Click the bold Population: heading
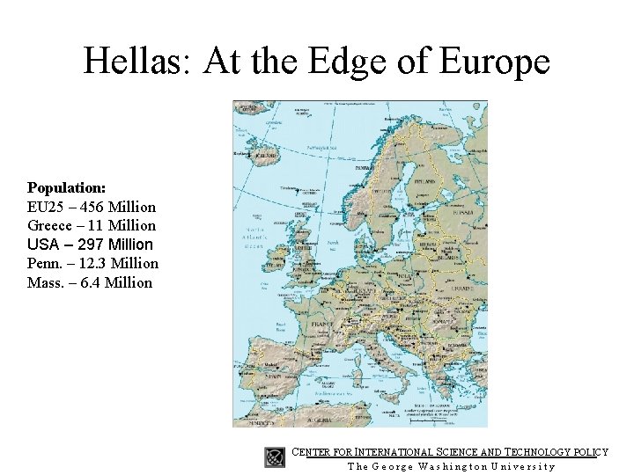click(x=67, y=188)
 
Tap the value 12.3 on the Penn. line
click(x=93, y=264)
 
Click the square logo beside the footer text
click(x=276, y=456)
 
